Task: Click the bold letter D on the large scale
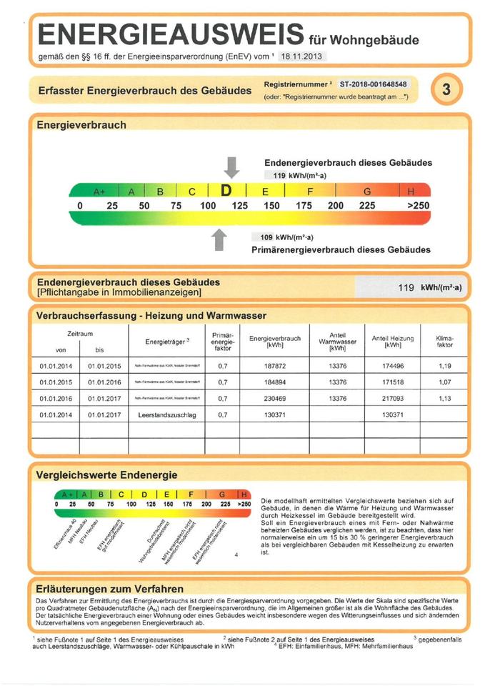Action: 226,192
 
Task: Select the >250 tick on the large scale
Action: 418,206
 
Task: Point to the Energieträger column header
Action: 166,342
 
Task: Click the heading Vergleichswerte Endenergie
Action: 106,474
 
